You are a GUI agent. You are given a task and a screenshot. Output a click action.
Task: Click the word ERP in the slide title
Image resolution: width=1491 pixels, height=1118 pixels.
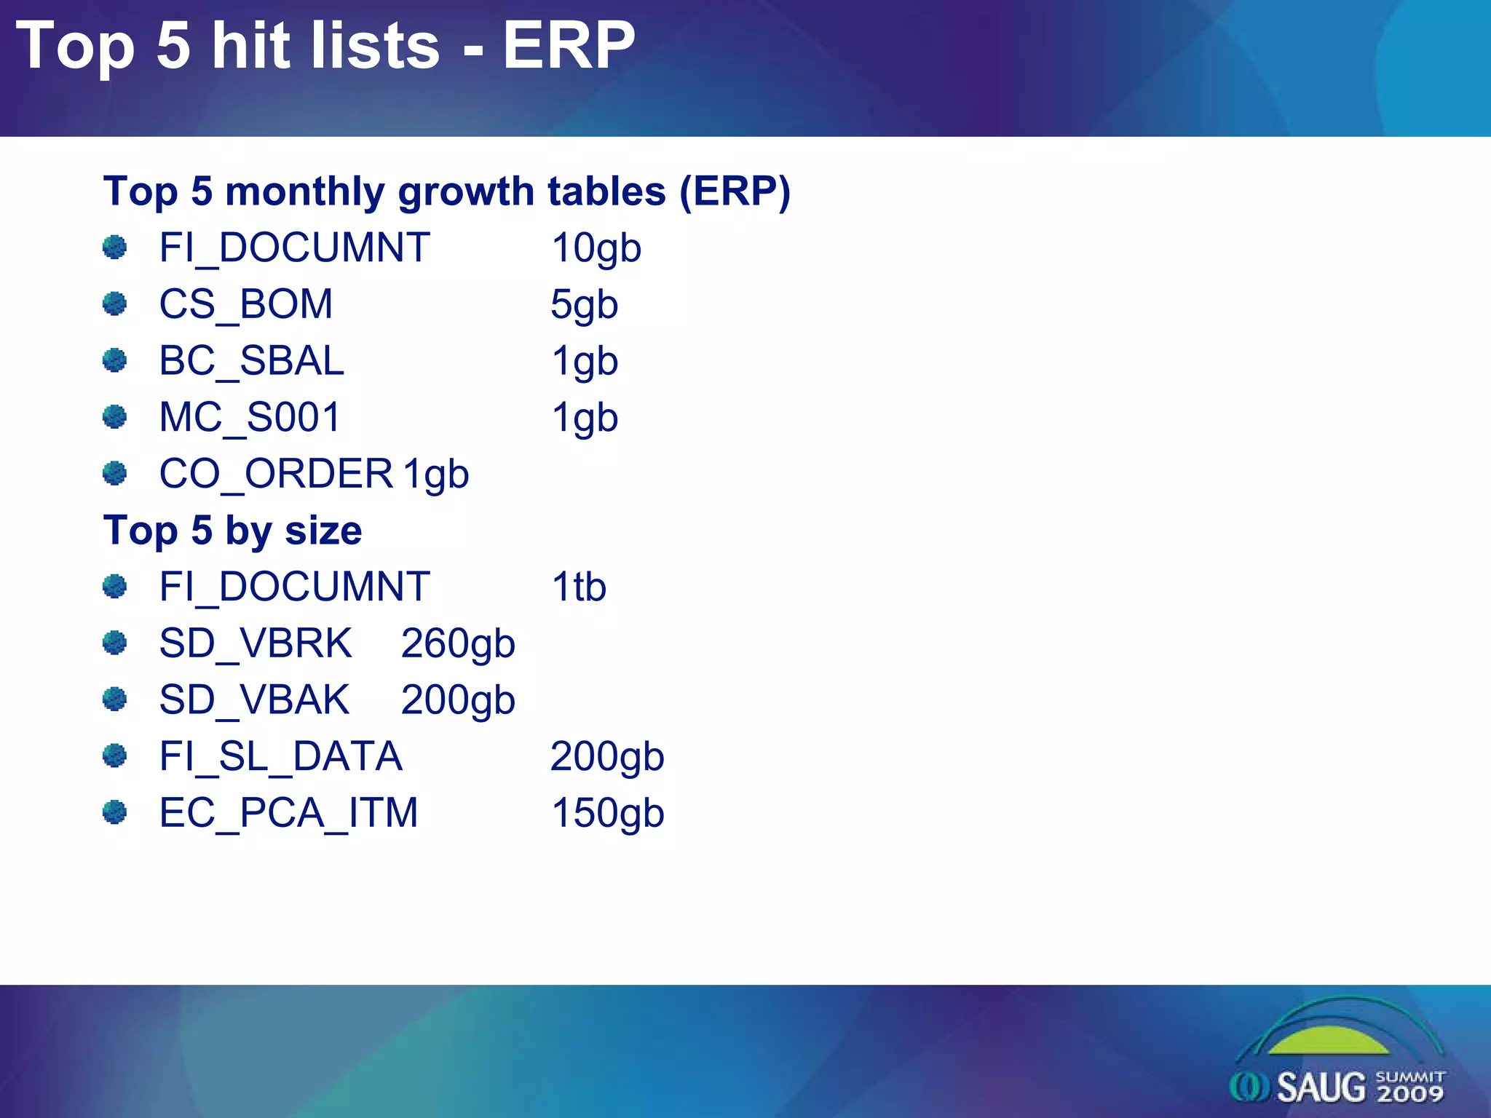click(x=569, y=45)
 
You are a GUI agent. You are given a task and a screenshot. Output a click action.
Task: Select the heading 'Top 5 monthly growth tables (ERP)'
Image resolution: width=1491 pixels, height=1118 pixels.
click(x=446, y=191)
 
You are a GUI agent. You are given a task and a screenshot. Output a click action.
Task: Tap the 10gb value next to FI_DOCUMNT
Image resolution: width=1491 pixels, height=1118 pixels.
click(x=596, y=248)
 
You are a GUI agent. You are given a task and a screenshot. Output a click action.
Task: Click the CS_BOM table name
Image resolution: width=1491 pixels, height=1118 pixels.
click(x=246, y=304)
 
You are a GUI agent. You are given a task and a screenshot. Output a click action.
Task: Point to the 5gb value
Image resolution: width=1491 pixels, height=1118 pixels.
click(x=584, y=304)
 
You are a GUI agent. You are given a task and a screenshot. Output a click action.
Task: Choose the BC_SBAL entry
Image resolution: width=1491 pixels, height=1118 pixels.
click(x=251, y=361)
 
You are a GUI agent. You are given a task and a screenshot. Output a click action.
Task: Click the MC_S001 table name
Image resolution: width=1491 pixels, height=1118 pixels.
click(x=250, y=418)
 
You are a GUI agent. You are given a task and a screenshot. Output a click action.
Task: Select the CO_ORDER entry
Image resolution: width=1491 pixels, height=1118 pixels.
click(x=276, y=474)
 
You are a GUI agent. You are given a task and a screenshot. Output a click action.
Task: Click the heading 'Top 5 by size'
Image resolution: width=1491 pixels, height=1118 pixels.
click(x=232, y=530)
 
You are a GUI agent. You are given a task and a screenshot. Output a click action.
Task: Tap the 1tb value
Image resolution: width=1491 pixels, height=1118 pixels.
click(x=578, y=587)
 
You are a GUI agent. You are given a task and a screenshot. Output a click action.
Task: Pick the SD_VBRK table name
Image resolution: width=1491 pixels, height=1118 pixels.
click(x=256, y=643)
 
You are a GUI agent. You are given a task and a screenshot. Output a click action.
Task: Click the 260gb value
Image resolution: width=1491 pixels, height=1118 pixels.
click(x=458, y=643)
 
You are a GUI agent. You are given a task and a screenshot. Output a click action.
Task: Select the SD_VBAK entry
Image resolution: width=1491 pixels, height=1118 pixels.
click(x=254, y=699)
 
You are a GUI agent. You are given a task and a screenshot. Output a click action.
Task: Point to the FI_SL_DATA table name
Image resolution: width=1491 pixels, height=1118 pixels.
click(x=280, y=756)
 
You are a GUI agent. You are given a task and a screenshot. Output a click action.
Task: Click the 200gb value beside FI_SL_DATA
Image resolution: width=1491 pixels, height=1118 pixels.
click(x=606, y=756)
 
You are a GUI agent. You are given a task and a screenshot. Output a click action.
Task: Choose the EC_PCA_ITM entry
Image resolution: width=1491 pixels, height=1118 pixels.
click(x=288, y=813)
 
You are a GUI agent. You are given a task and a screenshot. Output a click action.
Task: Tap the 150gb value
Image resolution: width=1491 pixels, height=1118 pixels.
click(x=607, y=813)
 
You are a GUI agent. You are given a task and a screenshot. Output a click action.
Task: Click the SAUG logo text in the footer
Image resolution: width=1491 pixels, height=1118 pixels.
click(x=1321, y=1087)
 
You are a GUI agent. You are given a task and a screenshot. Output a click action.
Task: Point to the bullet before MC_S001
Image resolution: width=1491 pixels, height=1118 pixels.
click(x=114, y=417)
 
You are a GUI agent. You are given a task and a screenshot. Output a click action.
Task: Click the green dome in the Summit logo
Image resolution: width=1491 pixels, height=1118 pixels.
click(x=1329, y=1042)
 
